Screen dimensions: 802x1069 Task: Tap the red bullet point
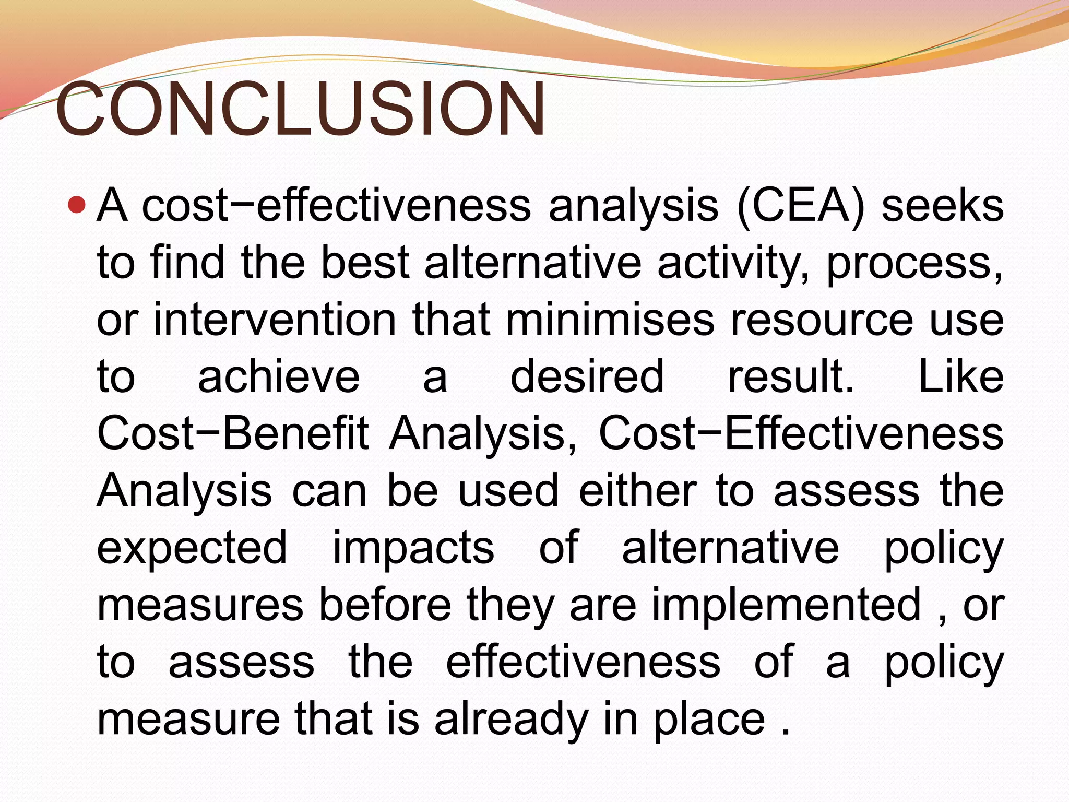pyautogui.click(x=76, y=205)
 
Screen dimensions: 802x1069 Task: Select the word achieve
pyautogui.click(x=279, y=377)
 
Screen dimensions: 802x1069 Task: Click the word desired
pyautogui.click(x=587, y=377)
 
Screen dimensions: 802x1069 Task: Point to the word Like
pyautogui.click(x=960, y=377)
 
